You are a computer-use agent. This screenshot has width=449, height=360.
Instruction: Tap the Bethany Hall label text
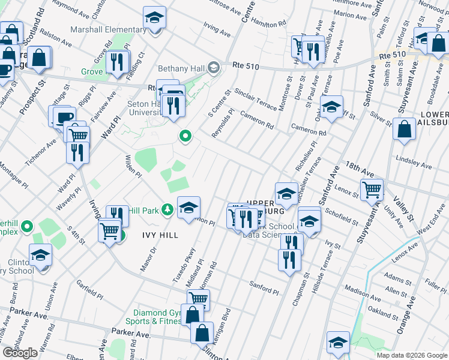[181, 68]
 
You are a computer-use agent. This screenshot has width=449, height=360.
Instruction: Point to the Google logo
[20, 353]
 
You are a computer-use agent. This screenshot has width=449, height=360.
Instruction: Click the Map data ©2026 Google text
[412, 355]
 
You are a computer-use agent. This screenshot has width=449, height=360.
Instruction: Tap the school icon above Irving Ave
[154, 18]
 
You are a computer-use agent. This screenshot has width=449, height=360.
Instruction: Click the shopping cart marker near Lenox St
[372, 190]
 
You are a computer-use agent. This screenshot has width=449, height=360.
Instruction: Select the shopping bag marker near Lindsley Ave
[405, 128]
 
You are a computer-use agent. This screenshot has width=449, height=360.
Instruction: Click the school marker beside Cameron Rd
[331, 107]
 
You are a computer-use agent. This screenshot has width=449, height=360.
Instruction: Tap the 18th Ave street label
[359, 170]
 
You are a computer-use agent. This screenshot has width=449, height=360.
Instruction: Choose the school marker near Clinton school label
[40, 254]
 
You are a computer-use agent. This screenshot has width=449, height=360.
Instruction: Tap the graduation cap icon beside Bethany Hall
[213, 68]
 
